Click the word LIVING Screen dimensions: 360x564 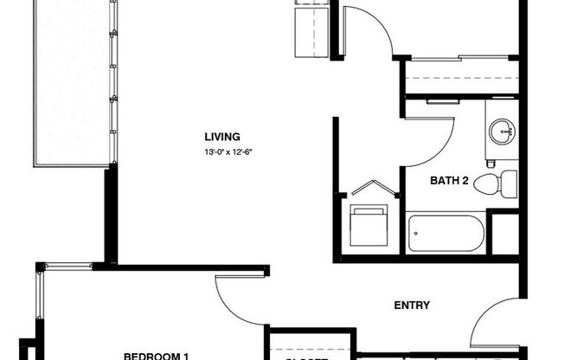coord(221,137)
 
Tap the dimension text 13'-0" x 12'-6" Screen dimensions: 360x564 coord(228,152)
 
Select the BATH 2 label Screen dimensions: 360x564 coord(450,181)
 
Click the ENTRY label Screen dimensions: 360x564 coord(412,305)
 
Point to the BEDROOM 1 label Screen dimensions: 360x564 coord(156,355)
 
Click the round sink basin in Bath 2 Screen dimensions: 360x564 coord(501,133)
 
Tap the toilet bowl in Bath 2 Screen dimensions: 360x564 coord(489,183)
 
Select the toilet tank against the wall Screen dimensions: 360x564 coord(509,182)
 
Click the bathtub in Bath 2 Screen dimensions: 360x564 coord(446,233)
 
